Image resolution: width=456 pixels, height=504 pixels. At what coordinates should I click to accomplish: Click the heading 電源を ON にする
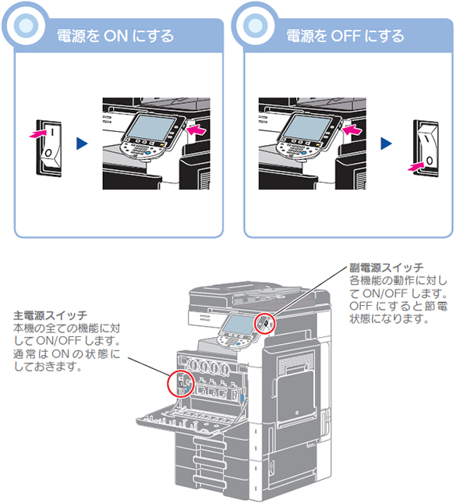tap(115, 36)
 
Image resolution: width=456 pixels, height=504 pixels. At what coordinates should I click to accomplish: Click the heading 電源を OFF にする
tap(345, 36)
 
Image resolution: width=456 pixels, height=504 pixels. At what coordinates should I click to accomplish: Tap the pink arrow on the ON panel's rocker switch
tap(37, 133)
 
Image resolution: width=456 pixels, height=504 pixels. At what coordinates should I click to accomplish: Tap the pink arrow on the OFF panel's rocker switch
tap(416, 166)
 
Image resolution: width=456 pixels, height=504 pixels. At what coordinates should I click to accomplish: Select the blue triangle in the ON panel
tap(82, 144)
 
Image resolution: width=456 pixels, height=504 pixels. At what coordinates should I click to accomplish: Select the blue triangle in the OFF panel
tap(386, 144)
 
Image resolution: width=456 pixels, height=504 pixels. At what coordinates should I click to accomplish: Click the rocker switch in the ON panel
tap(49, 148)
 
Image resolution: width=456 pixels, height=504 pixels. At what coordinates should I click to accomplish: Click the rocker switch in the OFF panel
tap(426, 148)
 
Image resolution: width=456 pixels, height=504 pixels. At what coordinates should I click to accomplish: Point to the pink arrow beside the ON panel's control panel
tap(196, 130)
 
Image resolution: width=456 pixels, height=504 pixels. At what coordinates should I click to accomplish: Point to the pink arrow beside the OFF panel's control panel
tap(352, 130)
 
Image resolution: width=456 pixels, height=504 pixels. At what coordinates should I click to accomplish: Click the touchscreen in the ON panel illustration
tap(151, 127)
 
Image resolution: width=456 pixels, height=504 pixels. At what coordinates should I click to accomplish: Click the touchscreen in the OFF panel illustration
tap(307, 127)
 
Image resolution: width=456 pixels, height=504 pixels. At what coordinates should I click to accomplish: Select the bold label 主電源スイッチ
tap(50, 315)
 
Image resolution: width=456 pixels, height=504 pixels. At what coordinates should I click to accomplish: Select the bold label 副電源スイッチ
tap(387, 268)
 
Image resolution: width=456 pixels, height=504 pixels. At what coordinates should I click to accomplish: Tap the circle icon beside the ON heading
tap(26, 26)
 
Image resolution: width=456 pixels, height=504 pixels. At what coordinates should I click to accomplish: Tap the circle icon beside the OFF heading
tap(256, 26)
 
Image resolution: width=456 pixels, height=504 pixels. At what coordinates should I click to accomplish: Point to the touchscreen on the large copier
tap(239, 324)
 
